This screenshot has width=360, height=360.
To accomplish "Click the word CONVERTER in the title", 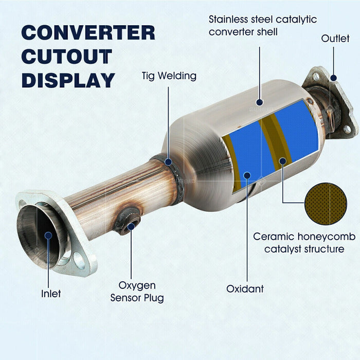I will coord(88,32).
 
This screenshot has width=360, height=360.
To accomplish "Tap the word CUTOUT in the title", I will coord(66,57).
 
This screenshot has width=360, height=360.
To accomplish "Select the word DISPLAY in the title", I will coord(68,80).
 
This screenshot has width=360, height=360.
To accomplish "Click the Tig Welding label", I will coord(169,76).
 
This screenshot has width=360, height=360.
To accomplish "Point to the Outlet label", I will coord(335,39).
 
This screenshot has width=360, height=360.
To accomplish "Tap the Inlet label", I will coord(51,294).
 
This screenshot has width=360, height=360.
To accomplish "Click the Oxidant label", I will coord(245,289).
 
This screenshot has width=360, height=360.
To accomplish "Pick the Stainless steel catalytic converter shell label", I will coord(262,26).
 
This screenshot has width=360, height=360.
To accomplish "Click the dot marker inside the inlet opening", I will coord(48,236).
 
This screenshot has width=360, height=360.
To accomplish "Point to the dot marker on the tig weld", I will coord(169,161).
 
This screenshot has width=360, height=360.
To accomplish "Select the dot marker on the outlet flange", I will coord(333,78).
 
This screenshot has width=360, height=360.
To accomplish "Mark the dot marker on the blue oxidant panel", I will coord(247,176).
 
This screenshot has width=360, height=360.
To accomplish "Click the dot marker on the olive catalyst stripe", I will coord(282,161).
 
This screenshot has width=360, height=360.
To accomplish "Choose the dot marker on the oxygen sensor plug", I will coord(131,226).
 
